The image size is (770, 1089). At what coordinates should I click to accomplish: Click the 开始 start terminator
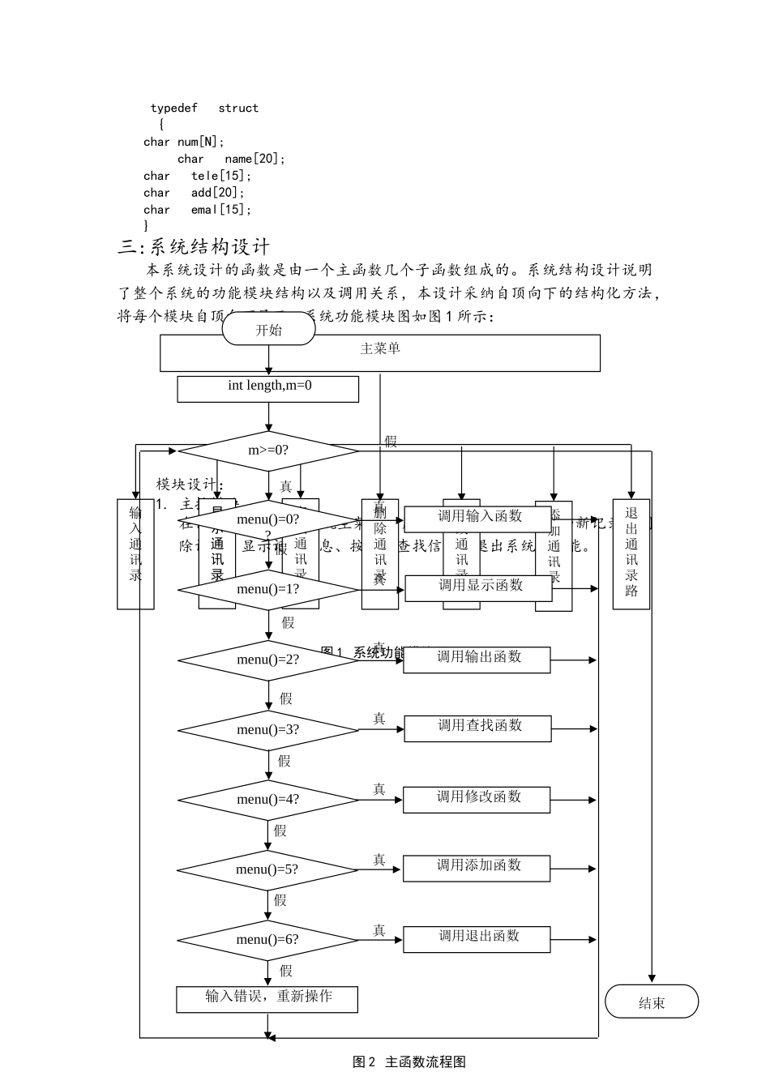click(x=268, y=330)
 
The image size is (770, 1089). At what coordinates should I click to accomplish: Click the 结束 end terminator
click(x=652, y=1002)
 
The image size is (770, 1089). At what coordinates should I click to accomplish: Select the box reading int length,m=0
click(x=268, y=388)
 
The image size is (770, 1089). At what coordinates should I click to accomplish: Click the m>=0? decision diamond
click(x=268, y=451)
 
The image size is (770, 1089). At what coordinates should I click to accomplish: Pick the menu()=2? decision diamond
click(x=268, y=660)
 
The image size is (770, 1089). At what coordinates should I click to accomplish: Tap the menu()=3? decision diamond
click(x=268, y=729)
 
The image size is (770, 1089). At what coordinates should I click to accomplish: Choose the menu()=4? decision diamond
click(x=268, y=800)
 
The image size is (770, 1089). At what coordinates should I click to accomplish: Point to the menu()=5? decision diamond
click(x=268, y=870)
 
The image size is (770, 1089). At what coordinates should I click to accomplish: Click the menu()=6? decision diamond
click(x=268, y=940)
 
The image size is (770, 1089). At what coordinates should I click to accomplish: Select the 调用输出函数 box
click(x=477, y=659)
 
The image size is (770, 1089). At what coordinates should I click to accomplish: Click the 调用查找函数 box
click(x=477, y=728)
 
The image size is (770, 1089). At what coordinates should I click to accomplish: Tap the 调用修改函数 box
click(x=477, y=799)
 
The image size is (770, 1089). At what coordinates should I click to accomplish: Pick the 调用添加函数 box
click(x=477, y=868)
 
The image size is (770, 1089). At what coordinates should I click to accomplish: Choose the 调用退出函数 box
click(x=477, y=938)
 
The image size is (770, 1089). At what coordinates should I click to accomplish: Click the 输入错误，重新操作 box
click(x=267, y=998)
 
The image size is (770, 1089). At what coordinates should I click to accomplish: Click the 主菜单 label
click(x=380, y=349)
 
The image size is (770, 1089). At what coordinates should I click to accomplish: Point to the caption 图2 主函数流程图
click(x=409, y=1061)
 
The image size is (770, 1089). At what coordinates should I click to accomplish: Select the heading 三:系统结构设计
click(x=194, y=247)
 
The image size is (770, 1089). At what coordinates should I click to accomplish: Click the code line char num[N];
click(x=184, y=142)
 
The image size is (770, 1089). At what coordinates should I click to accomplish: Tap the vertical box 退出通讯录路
click(x=631, y=553)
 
